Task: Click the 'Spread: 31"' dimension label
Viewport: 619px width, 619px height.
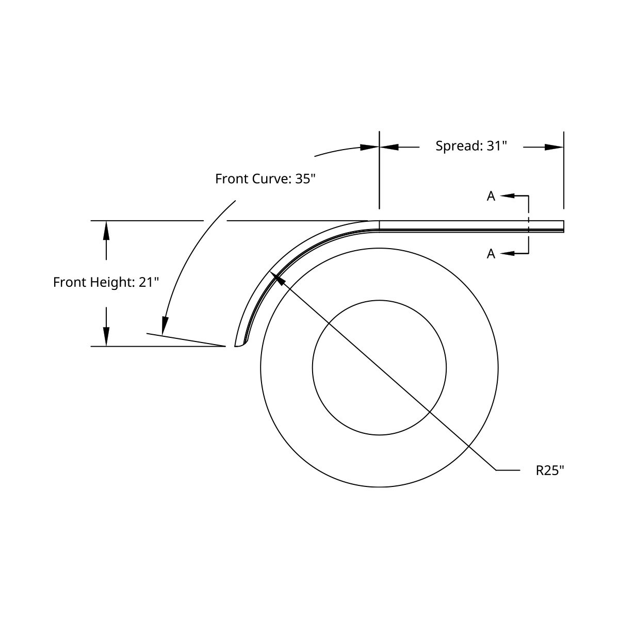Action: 471,146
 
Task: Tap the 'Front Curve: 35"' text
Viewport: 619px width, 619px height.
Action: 265,179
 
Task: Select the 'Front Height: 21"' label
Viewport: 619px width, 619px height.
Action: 106,282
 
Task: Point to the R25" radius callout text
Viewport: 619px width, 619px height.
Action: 550,470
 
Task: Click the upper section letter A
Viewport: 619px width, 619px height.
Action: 491,196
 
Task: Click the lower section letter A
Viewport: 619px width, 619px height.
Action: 491,254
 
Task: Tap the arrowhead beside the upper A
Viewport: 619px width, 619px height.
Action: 508,196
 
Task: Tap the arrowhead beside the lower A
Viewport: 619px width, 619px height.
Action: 508,253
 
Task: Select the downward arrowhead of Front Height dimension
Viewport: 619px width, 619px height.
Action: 106,336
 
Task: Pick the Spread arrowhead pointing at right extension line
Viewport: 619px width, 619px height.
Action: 554,148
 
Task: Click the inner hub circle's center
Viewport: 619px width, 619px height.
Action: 379,368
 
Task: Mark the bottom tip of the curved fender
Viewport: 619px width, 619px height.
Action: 235,346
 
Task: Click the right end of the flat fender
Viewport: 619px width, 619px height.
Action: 564,226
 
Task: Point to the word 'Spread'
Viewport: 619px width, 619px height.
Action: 458,146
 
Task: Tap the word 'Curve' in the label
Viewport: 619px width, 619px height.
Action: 271,179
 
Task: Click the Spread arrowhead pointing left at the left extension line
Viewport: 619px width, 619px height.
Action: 389,148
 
